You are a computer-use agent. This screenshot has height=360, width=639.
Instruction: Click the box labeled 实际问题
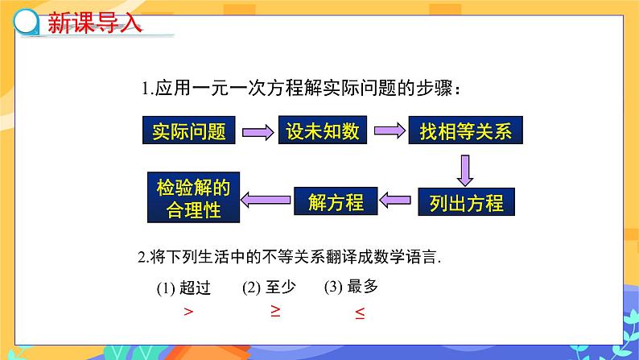click(189, 131)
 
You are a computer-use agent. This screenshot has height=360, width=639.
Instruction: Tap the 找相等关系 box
click(465, 131)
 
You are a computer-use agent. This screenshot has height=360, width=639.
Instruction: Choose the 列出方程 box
click(461, 202)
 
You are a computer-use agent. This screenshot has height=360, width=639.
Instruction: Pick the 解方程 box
click(336, 202)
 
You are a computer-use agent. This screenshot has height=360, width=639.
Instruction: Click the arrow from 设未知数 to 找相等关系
click(390, 130)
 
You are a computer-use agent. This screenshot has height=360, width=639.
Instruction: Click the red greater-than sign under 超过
click(188, 312)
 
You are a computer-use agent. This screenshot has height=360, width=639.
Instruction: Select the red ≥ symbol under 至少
click(275, 311)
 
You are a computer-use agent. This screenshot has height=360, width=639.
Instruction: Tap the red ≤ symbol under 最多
click(359, 313)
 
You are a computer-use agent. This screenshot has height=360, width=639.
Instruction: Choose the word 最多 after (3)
click(364, 286)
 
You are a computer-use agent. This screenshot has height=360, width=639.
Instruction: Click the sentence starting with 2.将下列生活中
click(291, 258)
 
